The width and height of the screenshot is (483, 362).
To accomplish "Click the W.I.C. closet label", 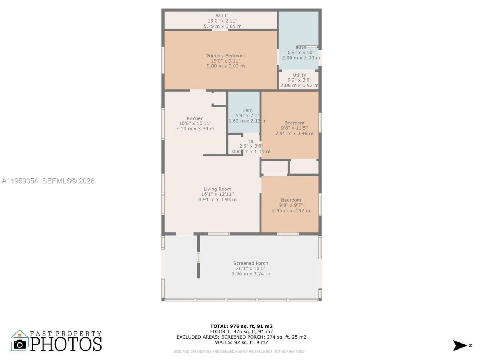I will [222, 15].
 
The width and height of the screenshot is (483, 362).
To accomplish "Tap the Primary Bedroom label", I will [225, 56].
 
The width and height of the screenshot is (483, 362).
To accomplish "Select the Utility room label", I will [299, 75].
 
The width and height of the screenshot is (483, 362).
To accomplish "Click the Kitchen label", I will [195, 118].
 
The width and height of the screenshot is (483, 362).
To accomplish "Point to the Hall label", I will [251, 141].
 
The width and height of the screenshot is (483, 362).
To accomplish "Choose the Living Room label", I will [217, 189].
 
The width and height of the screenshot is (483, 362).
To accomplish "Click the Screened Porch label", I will [251, 263].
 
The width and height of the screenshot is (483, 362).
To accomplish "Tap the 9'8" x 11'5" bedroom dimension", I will [294, 128].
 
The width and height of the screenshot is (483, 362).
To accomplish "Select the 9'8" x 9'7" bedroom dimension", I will [291, 206].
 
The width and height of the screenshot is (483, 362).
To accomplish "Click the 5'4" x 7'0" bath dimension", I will [248, 116].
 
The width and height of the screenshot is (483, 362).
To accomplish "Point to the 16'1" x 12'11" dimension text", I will [217, 195].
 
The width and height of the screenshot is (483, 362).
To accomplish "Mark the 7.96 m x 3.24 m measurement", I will [251, 274].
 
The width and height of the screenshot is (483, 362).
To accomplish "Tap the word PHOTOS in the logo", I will [66, 344].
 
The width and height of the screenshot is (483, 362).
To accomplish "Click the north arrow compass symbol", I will [460, 345].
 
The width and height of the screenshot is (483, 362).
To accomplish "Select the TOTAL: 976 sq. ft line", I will [241, 326].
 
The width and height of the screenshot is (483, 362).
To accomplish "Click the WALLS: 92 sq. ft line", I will [241, 342].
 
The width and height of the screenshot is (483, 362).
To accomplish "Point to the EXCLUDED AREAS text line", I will [241, 337].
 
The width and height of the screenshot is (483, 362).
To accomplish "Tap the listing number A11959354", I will [20, 181].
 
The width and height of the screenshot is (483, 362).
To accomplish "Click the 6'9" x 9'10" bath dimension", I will [301, 53].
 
